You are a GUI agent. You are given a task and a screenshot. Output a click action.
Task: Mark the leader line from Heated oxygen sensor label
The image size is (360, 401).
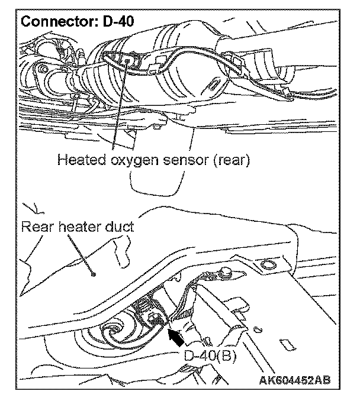click(119, 106)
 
